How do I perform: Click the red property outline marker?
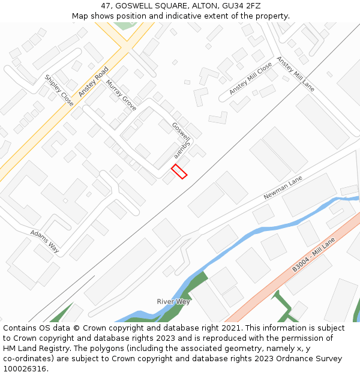coord(179,171)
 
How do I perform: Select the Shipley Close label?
coord(59,91)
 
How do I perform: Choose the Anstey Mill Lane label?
coord(295,74)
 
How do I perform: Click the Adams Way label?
coord(45,241)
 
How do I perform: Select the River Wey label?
coord(173,301)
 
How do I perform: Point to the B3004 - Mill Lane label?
coord(313,254)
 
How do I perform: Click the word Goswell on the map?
coord(181,132)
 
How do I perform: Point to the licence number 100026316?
coord(25,369)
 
